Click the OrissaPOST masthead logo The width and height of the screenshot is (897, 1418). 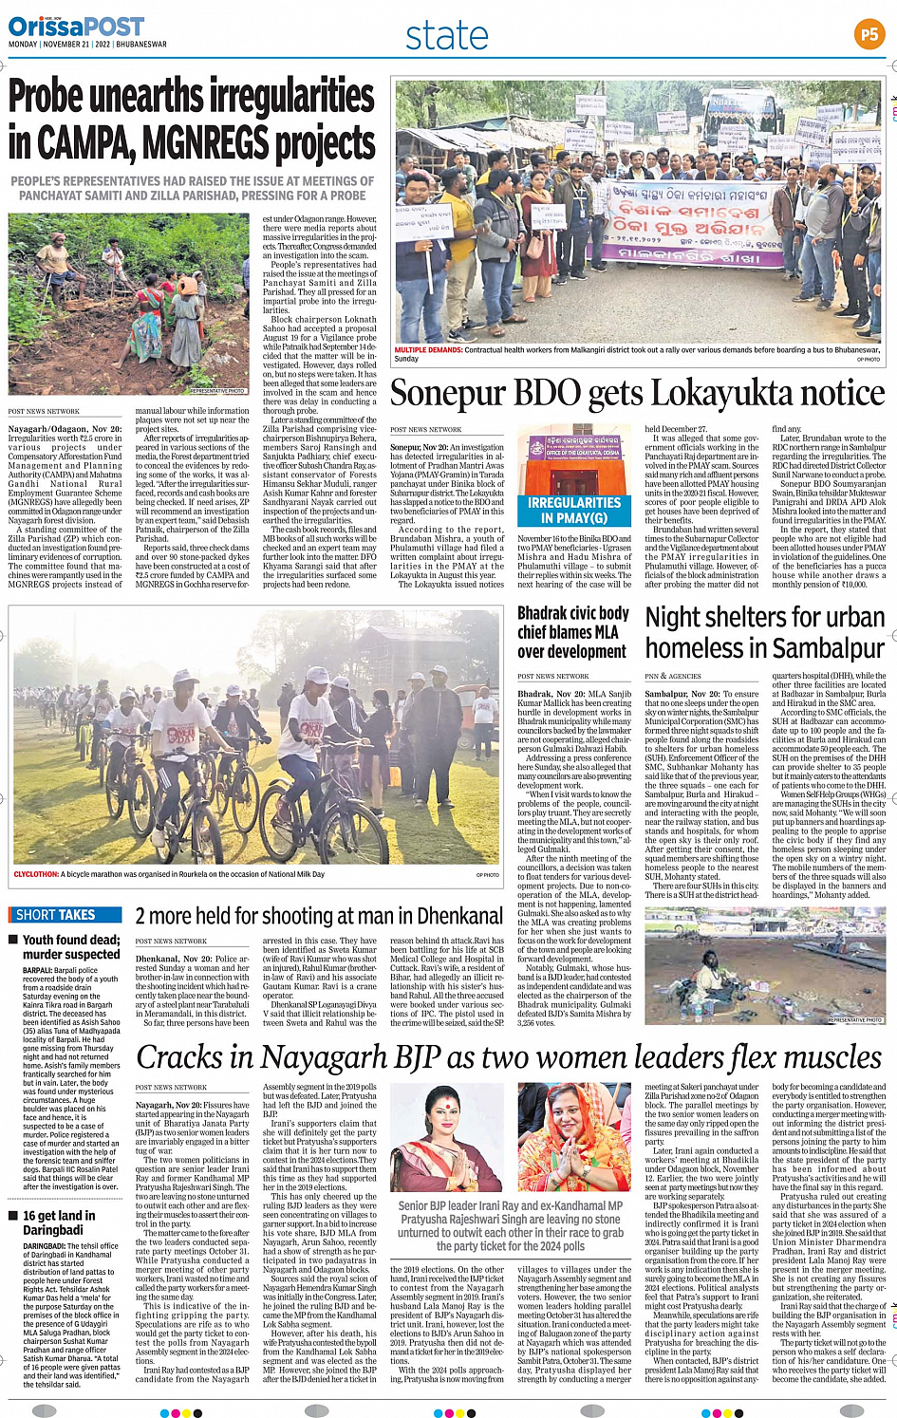tap(76, 27)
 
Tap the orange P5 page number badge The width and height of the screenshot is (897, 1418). tap(869, 34)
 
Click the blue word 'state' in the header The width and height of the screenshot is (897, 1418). tap(446, 36)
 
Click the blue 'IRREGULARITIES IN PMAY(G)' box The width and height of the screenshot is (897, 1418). tap(573, 510)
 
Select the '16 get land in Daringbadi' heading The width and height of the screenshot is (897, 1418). tap(59, 1222)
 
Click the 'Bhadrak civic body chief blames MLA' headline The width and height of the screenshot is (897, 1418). tap(572, 632)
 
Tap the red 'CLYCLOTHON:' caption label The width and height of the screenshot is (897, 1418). tap(36, 874)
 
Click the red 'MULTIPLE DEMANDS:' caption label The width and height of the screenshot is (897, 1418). tap(428, 350)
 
